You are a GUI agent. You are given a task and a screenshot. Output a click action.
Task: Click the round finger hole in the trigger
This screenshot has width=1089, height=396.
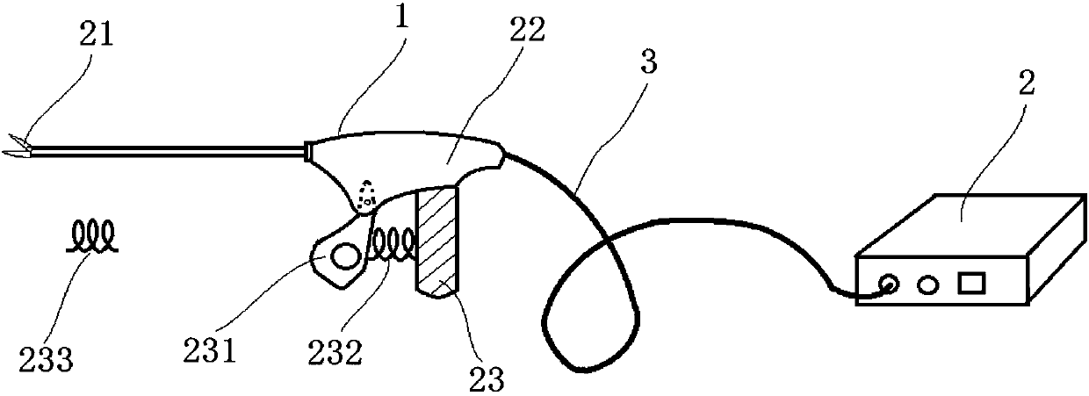coord(343,256)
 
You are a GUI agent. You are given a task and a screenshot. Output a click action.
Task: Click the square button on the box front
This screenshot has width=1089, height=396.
coord(970,284)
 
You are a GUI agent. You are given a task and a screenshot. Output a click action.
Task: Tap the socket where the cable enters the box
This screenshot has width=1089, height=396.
coord(889,285)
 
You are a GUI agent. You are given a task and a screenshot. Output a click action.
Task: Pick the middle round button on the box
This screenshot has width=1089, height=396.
coord(927,284)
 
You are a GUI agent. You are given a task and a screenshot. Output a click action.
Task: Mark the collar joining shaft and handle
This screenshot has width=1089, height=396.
coord(307,151)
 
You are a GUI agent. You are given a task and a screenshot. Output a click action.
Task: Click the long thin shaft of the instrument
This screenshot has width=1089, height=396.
coord(167,153)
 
